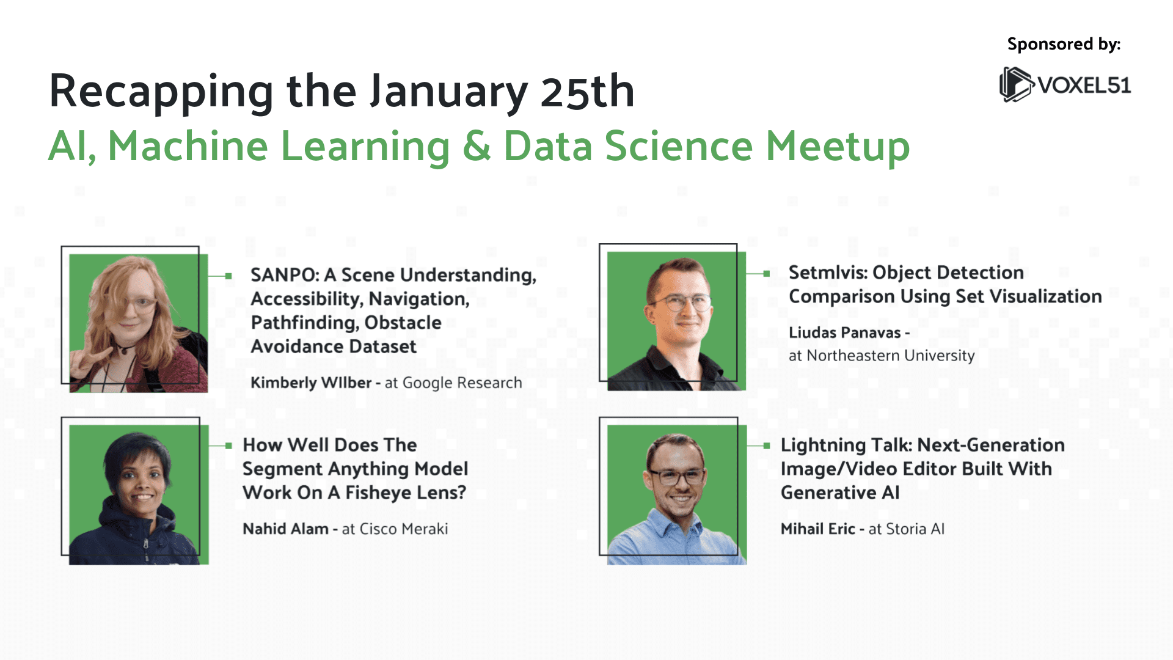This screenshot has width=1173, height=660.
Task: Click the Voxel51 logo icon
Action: click(1016, 84)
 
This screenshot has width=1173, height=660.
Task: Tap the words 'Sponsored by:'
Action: click(1064, 45)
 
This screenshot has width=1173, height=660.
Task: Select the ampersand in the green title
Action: click(477, 147)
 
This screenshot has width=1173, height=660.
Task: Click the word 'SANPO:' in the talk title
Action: click(285, 275)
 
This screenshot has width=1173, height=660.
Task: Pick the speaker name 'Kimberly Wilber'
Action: click(311, 383)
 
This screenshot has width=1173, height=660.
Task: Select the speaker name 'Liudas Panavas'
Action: click(844, 332)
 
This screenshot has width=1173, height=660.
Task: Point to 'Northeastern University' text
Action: click(890, 356)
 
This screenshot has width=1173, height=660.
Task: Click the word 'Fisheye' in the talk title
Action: click(389, 493)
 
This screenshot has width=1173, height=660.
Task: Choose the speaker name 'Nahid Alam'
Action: click(285, 529)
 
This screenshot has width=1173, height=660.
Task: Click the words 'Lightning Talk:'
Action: click(846, 446)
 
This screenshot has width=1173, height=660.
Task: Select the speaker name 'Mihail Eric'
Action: click(817, 529)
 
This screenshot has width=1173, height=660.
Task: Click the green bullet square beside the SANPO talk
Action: click(228, 276)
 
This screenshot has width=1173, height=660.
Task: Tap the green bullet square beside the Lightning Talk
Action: click(767, 446)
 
